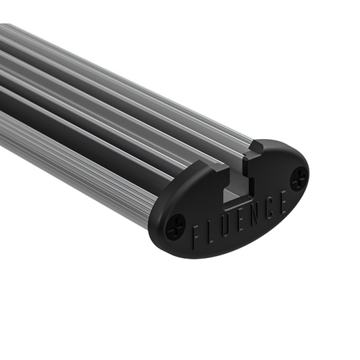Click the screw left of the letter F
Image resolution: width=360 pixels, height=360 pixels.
pos(175,226)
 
